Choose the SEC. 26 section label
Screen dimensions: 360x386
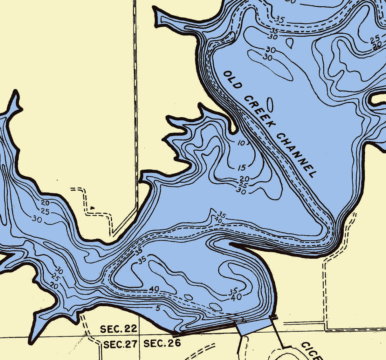162,343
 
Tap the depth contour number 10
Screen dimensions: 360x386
242,143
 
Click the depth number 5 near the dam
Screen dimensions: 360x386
158,308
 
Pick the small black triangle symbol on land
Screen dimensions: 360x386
93,208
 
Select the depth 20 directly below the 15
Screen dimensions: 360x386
245,179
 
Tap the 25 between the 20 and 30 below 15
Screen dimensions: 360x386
243,185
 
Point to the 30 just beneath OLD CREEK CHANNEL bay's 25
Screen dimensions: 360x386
241,191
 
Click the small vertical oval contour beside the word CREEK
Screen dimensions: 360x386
270,105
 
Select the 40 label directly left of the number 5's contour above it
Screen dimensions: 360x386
154,289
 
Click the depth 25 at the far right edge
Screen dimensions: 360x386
375,39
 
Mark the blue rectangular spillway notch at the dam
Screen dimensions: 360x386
254,326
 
